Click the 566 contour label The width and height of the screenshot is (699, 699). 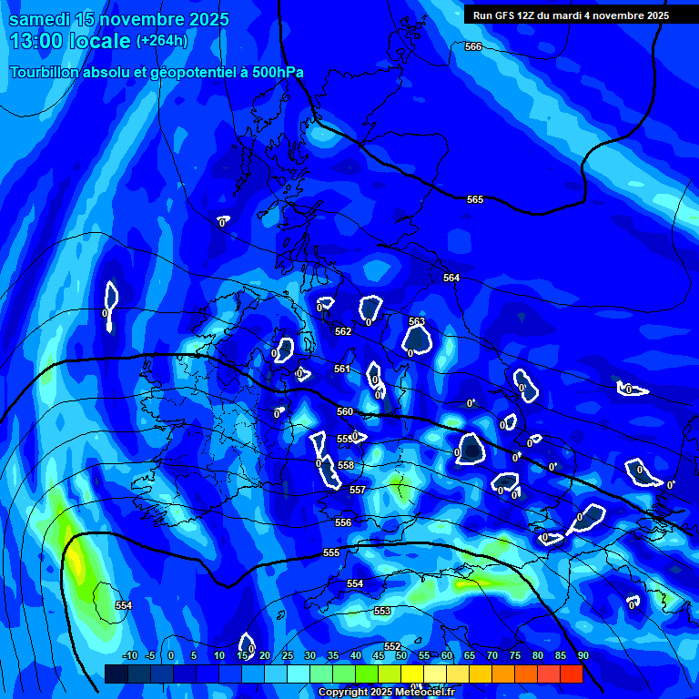[x=473, y=46]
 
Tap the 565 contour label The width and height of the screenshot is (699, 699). [x=475, y=199]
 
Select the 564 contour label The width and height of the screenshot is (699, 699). [x=451, y=278]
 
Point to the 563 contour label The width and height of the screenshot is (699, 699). [x=417, y=321]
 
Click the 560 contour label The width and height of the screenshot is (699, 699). [x=345, y=411]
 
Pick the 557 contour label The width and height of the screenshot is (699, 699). [x=358, y=490]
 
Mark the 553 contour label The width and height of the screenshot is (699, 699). [x=382, y=611]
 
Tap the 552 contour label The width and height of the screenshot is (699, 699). [x=392, y=646]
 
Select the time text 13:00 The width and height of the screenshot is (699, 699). [x=35, y=41]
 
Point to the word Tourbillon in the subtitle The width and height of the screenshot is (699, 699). [x=47, y=73]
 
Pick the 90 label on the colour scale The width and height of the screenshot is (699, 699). [x=582, y=656]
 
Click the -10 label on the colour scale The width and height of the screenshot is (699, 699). [x=130, y=656]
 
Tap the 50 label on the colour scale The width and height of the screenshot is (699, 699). [x=400, y=656]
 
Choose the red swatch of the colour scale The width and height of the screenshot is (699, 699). [x=571, y=674]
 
